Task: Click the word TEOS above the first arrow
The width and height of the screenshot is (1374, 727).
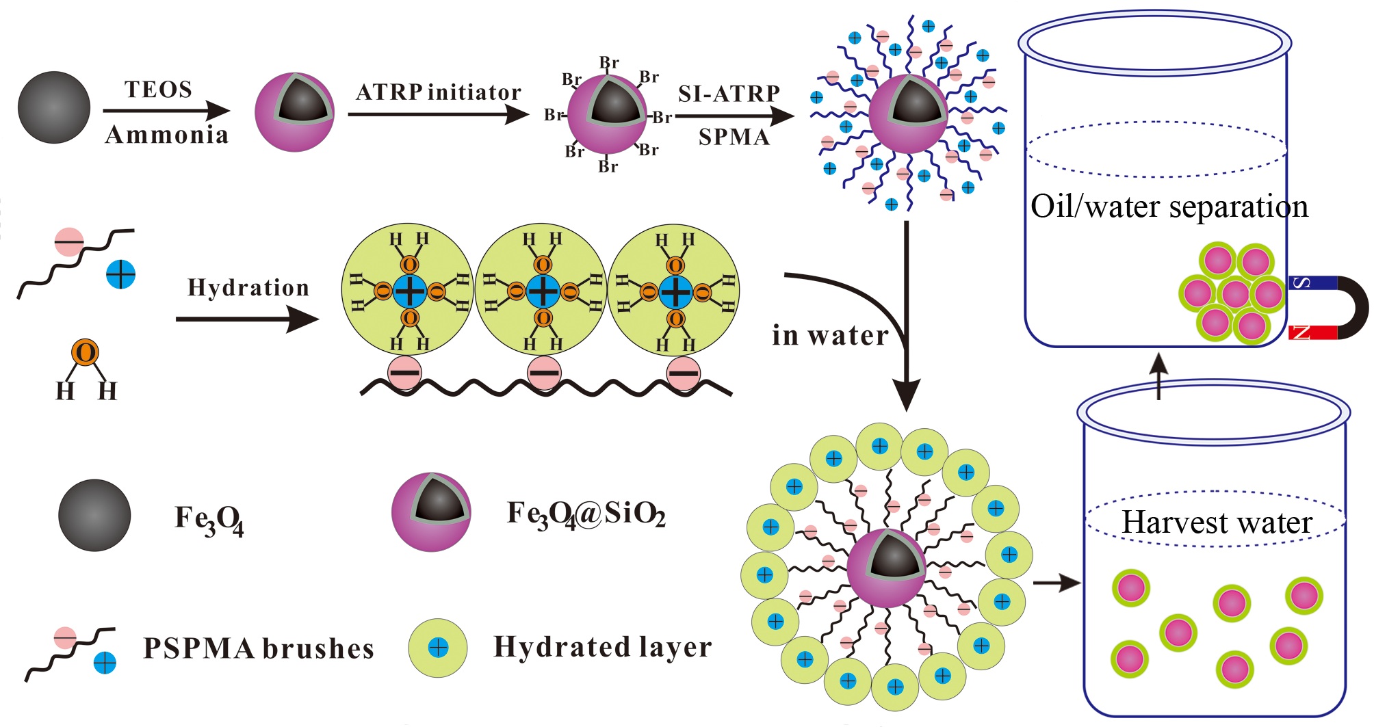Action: coord(158,90)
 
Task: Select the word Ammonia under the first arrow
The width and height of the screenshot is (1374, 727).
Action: coord(166,135)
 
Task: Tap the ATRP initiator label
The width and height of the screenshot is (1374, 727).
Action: coord(438,92)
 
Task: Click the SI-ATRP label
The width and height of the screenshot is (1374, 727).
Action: coord(729,94)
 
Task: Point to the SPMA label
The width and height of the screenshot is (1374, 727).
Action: coord(734,137)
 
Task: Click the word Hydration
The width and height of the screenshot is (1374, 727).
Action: coord(248,287)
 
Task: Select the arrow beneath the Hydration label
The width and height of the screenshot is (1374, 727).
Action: coord(247,319)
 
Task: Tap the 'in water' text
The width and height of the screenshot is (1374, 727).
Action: coord(830,335)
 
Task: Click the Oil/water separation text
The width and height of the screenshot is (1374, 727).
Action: coord(1169,206)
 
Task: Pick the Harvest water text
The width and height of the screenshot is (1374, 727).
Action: coord(1217,523)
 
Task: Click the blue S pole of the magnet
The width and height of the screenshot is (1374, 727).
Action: coord(1311,282)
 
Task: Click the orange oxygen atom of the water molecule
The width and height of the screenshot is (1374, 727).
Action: coord(86,353)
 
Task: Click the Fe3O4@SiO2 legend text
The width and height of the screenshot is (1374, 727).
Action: coord(586,514)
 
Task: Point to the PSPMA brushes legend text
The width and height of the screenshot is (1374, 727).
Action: coord(258,648)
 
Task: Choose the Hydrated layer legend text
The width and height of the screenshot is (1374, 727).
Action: coord(602,647)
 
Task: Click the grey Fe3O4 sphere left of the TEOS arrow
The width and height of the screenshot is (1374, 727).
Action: coord(53,107)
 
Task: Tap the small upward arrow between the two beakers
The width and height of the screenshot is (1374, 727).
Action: coord(1158,375)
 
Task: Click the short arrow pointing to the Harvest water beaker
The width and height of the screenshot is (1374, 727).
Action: coord(1056,583)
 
